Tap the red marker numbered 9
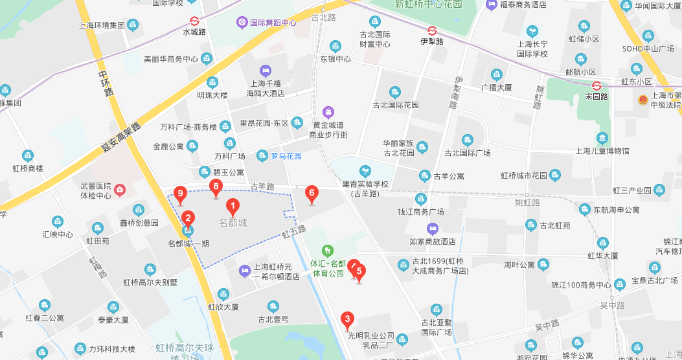click(181, 193)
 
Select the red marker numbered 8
click(216, 187)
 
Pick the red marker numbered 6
click(312, 193)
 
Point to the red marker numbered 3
click(348, 319)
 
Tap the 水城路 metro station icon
click(194, 21)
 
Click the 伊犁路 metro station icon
click(432, 30)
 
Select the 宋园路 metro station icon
click(597, 85)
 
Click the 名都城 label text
click(233, 223)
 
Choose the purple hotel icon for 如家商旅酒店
click(433, 228)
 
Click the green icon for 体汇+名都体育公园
click(328, 250)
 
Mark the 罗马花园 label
click(282, 155)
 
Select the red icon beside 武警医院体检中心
click(120, 190)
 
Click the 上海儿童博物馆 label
click(602, 151)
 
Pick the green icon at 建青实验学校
click(365, 171)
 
